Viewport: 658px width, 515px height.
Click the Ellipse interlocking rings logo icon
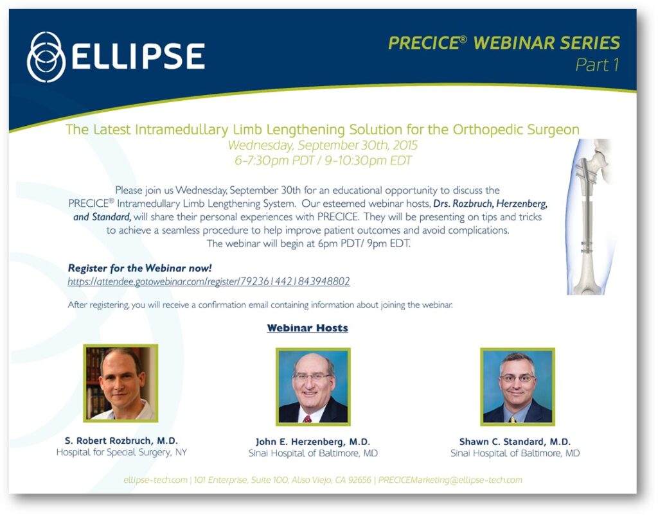click(46, 57)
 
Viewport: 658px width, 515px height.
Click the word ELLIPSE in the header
click(138, 57)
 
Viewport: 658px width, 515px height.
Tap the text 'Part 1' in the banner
click(597, 65)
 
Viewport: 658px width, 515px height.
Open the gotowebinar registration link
click(209, 281)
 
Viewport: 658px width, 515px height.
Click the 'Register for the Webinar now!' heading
click(139, 268)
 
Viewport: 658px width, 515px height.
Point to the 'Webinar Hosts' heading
click(308, 328)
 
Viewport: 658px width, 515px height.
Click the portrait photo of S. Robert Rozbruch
click(121, 383)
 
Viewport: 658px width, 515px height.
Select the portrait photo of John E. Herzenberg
click(313, 387)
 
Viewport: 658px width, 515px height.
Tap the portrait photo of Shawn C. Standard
click(517, 387)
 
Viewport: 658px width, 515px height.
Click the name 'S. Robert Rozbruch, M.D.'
click(121, 441)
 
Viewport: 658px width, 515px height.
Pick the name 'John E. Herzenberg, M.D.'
click(313, 442)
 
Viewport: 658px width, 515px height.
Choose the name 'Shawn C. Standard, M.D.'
click(515, 442)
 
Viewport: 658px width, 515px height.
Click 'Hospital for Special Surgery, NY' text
click(121, 452)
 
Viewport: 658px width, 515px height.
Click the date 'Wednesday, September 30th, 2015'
click(323, 145)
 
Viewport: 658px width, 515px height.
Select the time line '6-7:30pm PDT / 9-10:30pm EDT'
click(323, 161)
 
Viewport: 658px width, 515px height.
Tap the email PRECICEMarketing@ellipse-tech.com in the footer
click(450, 480)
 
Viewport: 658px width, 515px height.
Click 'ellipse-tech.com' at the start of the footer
click(156, 480)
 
